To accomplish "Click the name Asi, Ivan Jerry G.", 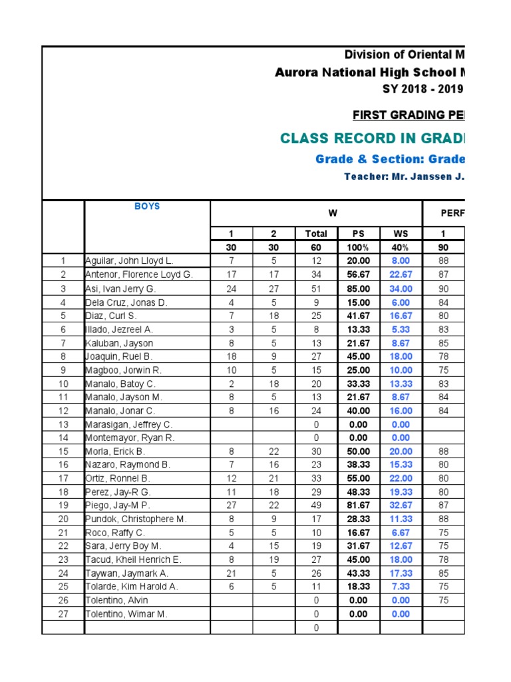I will (120, 288).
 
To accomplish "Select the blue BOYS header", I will (147, 206).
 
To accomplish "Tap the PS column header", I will (358, 234).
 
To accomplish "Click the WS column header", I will (401, 234).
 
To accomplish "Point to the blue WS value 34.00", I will (401, 288).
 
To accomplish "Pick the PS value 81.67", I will (358, 506).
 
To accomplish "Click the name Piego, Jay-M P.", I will (120, 506).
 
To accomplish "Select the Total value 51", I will (316, 288).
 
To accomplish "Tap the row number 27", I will (63, 614).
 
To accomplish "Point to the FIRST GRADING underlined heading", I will (408, 115).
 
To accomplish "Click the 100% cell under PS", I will (358, 247).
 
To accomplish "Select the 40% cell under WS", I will (401, 247).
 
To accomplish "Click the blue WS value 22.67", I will (401, 274).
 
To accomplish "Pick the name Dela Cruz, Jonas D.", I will (125, 302).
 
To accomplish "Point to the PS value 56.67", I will (358, 274).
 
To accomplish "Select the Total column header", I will (316, 234).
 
